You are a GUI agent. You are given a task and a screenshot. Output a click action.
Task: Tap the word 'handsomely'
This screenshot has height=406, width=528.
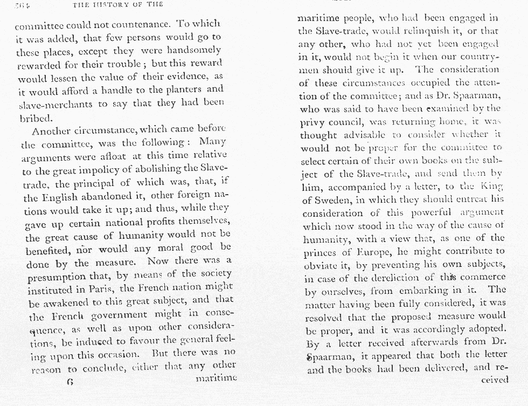coord(193,50)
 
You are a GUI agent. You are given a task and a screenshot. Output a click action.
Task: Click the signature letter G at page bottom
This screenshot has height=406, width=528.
coord(70,382)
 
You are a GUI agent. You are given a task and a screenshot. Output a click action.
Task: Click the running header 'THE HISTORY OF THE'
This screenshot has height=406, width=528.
coord(117,5)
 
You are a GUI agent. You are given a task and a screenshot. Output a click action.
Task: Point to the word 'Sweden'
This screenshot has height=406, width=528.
coord(330,199)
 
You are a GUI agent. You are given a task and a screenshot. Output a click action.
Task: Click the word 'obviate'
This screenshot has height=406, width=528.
coord(319,265)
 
